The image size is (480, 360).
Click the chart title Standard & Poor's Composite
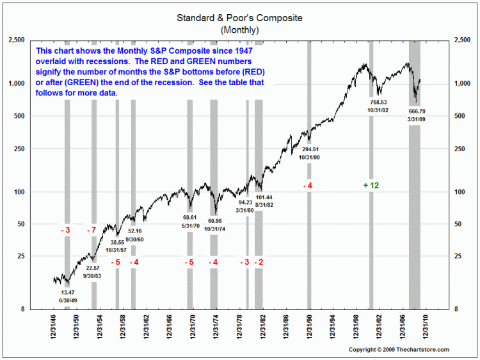tap(239, 18)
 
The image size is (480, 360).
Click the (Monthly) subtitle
tap(239, 29)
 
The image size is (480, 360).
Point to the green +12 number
tap(371, 185)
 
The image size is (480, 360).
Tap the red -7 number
tap(92, 229)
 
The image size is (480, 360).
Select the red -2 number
tap(259, 262)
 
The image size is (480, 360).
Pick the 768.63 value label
tap(378, 102)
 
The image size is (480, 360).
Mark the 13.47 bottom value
tap(67, 292)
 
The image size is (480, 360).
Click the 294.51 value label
tap(310, 149)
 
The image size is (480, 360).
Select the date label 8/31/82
tap(264, 204)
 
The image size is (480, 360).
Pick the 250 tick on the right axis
tap(460, 149)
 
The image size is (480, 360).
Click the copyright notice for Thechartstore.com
tap(399, 349)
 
